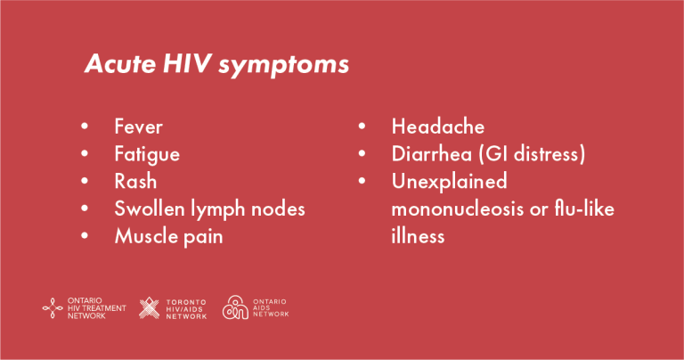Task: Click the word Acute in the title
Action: click(x=120, y=63)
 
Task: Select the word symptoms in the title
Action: click(x=283, y=66)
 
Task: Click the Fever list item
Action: click(x=138, y=127)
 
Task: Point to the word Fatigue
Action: click(x=147, y=155)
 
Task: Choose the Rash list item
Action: click(x=135, y=181)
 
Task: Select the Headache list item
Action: click(x=438, y=127)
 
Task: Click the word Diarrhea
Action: click(x=432, y=154)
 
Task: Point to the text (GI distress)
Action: click(x=533, y=154)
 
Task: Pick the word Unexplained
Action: click(x=449, y=182)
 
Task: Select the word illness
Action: click(x=418, y=236)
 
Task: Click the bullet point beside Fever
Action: click(x=85, y=127)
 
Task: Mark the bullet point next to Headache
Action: click(x=362, y=127)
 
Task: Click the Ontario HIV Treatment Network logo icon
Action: click(x=53, y=308)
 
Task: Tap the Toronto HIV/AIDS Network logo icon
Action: click(x=150, y=308)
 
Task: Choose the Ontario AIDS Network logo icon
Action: click(x=235, y=307)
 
